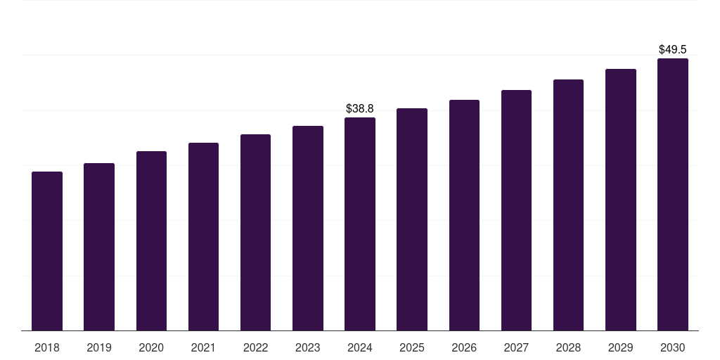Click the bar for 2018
(47, 251)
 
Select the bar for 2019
(99, 247)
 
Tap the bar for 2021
(203, 237)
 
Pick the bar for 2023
(308, 229)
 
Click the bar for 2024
(360, 224)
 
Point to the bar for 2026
(464, 215)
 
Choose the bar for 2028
(568, 205)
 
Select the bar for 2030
(673, 195)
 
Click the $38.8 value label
(360, 109)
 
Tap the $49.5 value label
(673, 50)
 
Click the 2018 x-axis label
(47, 348)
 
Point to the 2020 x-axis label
(151, 348)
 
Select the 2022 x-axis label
(255, 348)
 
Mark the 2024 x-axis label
(360, 348)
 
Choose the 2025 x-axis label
(412, 348)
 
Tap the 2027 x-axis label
(516, 348)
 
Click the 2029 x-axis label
(620, 348)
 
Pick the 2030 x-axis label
(673, 348)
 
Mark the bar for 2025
(412, 219)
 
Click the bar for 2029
(620, 200)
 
